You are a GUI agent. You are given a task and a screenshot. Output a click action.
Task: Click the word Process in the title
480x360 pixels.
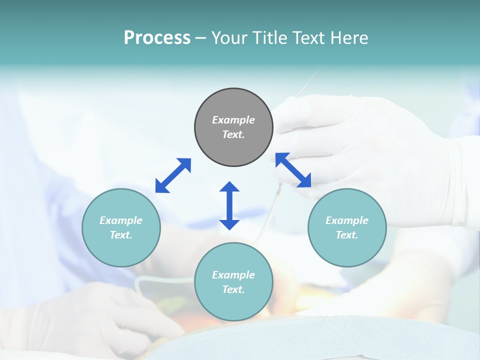(157, 38)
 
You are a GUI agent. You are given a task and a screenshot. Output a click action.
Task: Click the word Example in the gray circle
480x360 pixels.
(233, 120)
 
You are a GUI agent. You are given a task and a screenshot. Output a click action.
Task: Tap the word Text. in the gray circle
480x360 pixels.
(233, 134)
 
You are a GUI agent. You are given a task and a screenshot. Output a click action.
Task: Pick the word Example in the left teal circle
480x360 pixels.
(121, 220)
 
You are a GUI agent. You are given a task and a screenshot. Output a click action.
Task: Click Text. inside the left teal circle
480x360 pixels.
(121, 235)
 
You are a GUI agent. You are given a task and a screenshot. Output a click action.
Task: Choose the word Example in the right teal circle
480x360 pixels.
(347, 220)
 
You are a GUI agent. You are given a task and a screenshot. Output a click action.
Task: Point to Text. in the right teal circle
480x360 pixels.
(347, 235)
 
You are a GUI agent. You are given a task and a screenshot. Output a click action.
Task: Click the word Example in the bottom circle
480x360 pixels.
(233, 275)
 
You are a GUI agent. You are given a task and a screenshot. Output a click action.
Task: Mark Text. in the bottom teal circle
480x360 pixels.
(233, 289)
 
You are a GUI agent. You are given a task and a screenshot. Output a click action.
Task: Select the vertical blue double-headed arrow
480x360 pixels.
(229, 205)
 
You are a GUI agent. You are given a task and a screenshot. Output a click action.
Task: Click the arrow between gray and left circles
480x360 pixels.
(173, 175)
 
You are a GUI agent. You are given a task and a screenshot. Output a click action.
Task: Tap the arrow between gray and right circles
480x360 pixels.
(293, 170)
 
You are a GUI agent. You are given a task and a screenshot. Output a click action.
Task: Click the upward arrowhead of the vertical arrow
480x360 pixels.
(229, 187)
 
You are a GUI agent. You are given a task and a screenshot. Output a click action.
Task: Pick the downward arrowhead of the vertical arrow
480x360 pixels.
(229, 224)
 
